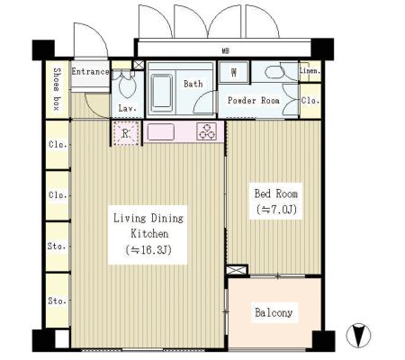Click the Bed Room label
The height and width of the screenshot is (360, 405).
tap(276, 193)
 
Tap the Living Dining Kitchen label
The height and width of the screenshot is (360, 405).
tap(148, 226)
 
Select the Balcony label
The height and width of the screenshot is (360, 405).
tap(274, 312)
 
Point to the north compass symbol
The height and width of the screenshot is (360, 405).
tap(358, 335)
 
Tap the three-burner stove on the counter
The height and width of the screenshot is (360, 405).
tap(206, 131)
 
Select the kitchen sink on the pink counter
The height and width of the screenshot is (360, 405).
tap(161, 131)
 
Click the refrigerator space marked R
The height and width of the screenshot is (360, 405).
tap(126, 133)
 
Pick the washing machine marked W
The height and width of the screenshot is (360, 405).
tap(234, 72)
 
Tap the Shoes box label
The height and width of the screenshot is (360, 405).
tap(57, 89)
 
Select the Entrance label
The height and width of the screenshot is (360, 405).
tap(90, 72)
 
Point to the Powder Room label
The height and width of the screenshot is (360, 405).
tap(254, 100)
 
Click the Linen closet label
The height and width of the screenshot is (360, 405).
tap(310, 71)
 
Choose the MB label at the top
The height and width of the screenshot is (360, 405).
tap(226, 51)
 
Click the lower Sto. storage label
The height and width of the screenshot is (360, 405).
tap(57, 301)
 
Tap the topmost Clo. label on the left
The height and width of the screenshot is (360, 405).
tap(58, 145)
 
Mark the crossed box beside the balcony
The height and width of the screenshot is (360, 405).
tap(237, 270)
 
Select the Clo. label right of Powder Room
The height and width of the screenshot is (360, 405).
tap(310, 101)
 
